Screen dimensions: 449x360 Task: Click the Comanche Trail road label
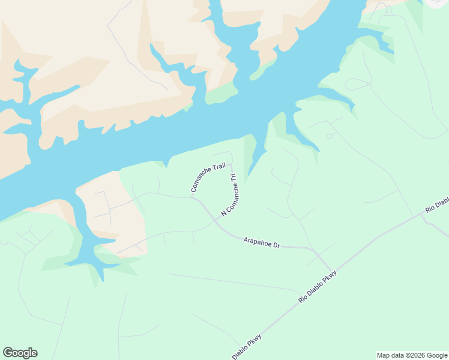208,178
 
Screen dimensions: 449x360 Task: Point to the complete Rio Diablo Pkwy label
318,286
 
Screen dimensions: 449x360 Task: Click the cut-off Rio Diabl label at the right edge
437,203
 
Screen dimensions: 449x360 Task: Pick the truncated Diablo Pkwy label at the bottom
247,346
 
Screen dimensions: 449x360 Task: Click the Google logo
20,353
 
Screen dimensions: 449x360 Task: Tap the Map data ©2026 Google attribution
412,355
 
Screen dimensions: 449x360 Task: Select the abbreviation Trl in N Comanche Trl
234,179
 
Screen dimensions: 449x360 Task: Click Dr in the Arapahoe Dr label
277,245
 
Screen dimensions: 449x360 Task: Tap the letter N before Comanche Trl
223,214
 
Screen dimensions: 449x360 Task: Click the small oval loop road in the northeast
357,84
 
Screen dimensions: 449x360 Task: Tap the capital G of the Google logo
7,353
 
